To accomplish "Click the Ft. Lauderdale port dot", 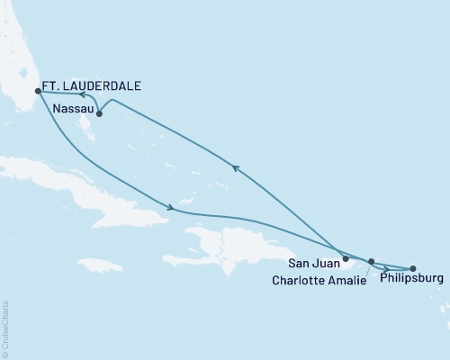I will (x=37, y=91).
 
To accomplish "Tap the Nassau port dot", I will (x=99, y=113).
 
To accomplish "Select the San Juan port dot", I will (x=346, y=258).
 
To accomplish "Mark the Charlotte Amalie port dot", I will (x=371, y=262).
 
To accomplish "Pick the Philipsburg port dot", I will (x=413, y=268).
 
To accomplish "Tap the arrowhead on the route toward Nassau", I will (x=235, y=167).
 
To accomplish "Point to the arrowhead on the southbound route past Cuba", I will (x=169, y=209).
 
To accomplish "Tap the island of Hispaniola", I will (x=238, y=243).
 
